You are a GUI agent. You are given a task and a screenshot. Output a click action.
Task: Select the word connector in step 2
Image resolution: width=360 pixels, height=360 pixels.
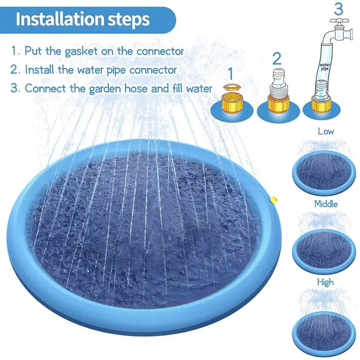tap(153, 70)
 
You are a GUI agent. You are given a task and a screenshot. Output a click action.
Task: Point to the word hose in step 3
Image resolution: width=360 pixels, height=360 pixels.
tap(135, 88)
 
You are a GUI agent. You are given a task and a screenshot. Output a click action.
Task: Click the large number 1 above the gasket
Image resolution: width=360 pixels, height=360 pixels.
tap(231, 73)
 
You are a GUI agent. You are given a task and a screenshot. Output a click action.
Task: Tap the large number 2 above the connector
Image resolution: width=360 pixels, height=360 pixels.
tap(277, 58)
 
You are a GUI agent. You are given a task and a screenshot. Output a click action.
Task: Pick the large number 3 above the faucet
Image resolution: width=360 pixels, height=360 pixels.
tap(339, 9)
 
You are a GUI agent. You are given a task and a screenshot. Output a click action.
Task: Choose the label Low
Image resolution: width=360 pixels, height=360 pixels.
tap(326, 131)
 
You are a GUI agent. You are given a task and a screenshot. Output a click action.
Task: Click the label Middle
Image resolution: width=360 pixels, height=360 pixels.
tap(326, 204)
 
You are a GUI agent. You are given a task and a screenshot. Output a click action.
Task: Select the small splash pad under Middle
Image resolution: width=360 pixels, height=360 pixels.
tap(323, 249)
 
